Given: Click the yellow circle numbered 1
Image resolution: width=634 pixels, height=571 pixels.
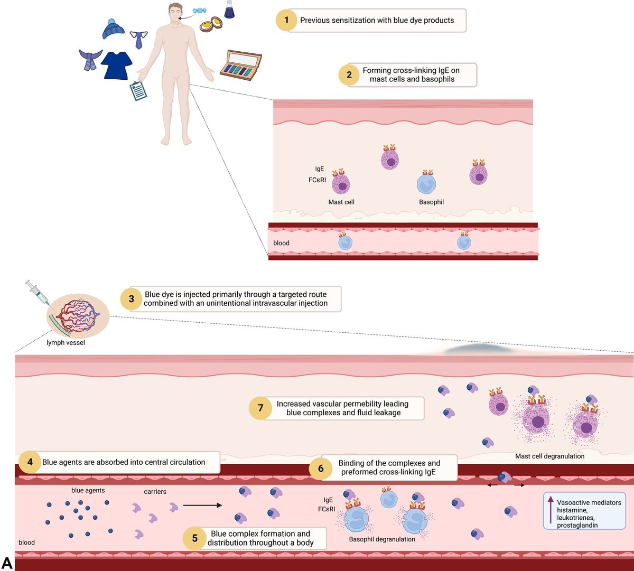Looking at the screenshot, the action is (286, 20).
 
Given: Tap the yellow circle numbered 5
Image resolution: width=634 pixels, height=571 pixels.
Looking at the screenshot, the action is (194, 538).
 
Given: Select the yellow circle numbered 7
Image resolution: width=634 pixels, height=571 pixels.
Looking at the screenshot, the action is (260, 408).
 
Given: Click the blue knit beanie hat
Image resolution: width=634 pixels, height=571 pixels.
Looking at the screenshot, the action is (113, 29).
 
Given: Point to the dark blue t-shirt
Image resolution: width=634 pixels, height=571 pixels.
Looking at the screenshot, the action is (116, 65).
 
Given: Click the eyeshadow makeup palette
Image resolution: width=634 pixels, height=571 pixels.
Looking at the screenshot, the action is (241, 65).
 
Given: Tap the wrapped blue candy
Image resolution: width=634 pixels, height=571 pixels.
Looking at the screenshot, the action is (199, 11).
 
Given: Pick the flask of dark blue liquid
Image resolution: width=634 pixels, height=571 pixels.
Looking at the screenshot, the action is (229, 10).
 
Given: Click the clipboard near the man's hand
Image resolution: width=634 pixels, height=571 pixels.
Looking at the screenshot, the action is (138, 91).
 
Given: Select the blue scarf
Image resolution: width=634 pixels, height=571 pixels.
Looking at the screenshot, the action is (90, 59).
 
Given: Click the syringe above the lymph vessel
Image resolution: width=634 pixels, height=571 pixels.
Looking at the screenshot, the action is (38, 292).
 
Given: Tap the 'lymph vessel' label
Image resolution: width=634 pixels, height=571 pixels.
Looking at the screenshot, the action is (66, 342).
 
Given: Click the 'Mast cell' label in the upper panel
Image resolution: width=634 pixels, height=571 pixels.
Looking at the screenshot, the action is (341, 202).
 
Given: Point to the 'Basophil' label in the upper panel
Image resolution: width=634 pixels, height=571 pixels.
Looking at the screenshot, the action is (431, 202).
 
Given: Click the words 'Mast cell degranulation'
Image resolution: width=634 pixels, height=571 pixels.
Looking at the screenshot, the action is (549, 456).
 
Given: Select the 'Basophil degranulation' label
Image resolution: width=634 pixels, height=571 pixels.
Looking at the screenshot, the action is (382, 539).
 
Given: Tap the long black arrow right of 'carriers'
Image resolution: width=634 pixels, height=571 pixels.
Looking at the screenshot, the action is (202, 506).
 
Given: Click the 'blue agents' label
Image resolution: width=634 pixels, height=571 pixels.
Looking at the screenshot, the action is (88, 490).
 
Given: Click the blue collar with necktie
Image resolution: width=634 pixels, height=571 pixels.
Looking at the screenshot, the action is (139, 40).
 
